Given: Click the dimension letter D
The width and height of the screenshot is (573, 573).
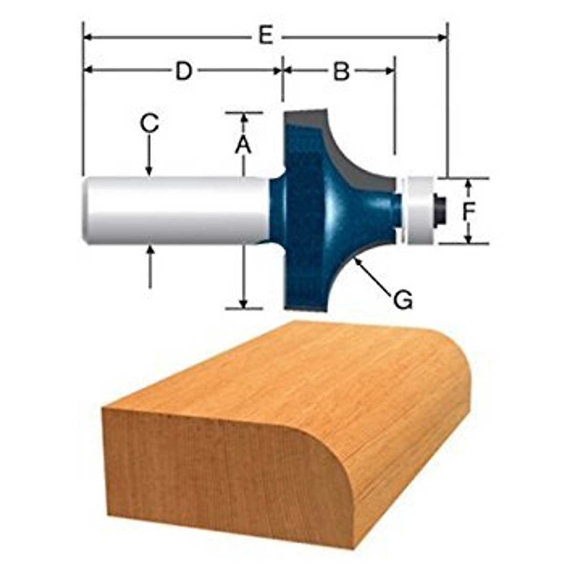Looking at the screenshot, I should [183, 71].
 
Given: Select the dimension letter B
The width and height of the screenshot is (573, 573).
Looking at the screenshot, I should [341, 72].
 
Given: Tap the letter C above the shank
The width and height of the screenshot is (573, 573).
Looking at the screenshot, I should [149, 124].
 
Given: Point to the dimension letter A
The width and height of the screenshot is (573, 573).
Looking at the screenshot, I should [243, 145].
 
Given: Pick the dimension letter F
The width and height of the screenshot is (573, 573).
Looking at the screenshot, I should [469, 211].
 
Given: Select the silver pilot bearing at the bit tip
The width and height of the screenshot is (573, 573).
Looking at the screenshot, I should [419, 210].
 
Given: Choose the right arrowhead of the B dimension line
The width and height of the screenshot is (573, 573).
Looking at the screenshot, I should [391, 71].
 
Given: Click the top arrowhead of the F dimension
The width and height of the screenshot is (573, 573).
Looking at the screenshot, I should [469, 183].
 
